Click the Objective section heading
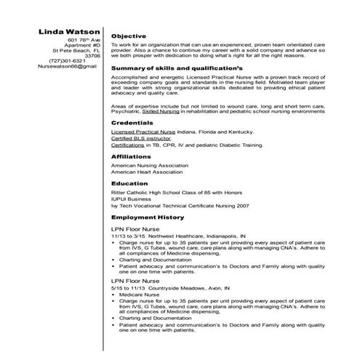(x=129, y=36)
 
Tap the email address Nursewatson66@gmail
(x=67, y=66)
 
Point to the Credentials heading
(x=132, y=123)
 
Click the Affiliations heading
(x=132, y=156)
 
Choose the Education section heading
(x=130, y=183)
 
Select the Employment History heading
(x=147, y=217)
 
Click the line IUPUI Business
(x=131, y=199)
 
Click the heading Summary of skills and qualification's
(x=175, y=67)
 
